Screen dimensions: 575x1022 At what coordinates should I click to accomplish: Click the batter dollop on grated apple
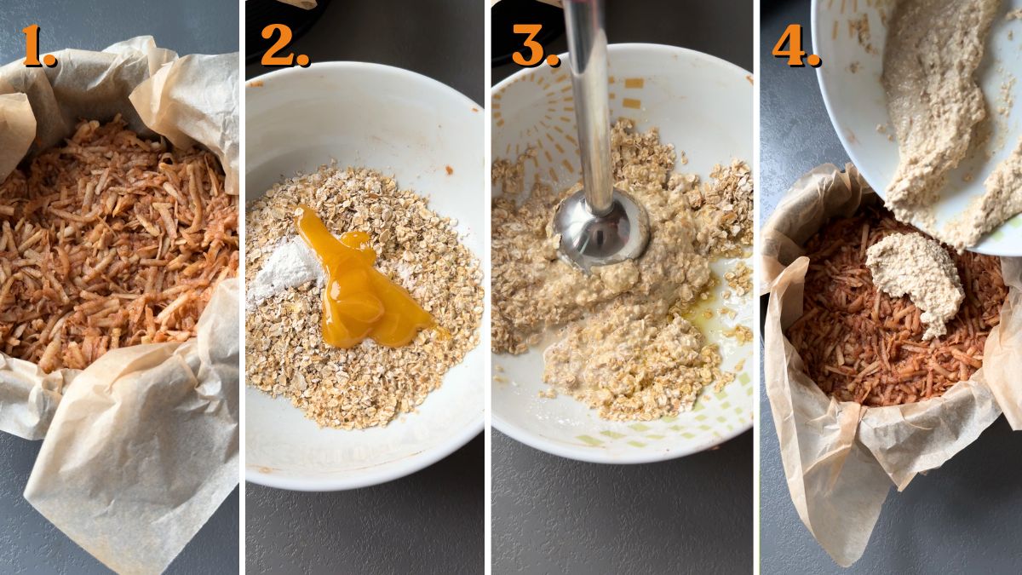pyautogui.click(x=916, y=280)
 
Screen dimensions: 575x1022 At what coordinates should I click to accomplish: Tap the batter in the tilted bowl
pyautogui.click(x=937, y=102)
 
